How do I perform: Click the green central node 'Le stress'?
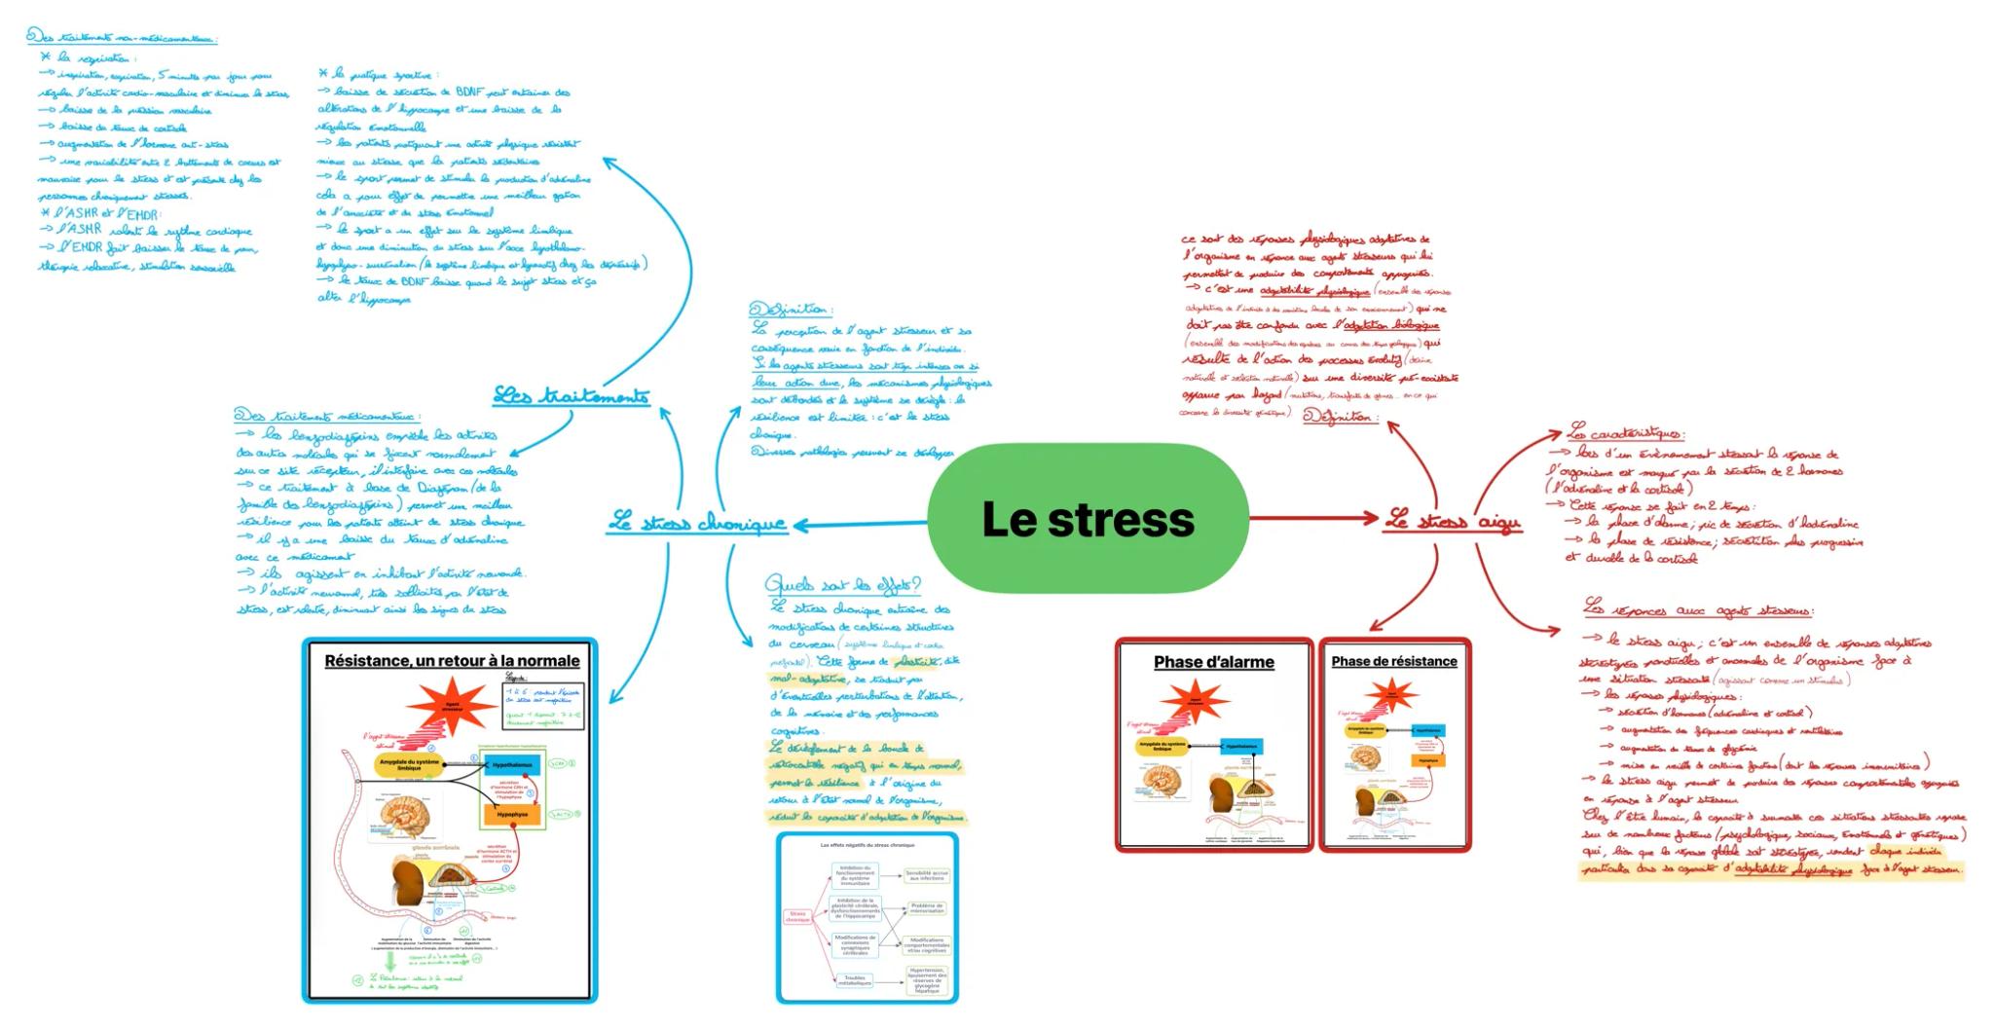[x=1088, y=519]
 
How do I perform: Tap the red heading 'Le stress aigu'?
[x=1452, y=522]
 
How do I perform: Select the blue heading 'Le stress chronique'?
[x=697, y=524]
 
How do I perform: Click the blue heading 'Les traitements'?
[x=571, y=395]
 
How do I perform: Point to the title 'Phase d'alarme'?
[x=1213, y=662]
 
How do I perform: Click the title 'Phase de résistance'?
[x=1393, y=661]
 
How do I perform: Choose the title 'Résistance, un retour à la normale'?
[x=452, y=661]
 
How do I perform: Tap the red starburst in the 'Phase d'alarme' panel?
[x=1194, y=701]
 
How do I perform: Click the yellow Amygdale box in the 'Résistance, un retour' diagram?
[x=410, y=765]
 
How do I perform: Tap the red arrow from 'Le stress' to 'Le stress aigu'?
[x=1314, y=518]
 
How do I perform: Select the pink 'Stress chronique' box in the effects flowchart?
[x=798, y=917]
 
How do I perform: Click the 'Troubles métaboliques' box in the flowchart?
[x=855, y=980]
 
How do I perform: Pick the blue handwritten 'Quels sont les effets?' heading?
[x=842, y=585]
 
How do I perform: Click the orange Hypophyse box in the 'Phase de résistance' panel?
[x=1427, y=759]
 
